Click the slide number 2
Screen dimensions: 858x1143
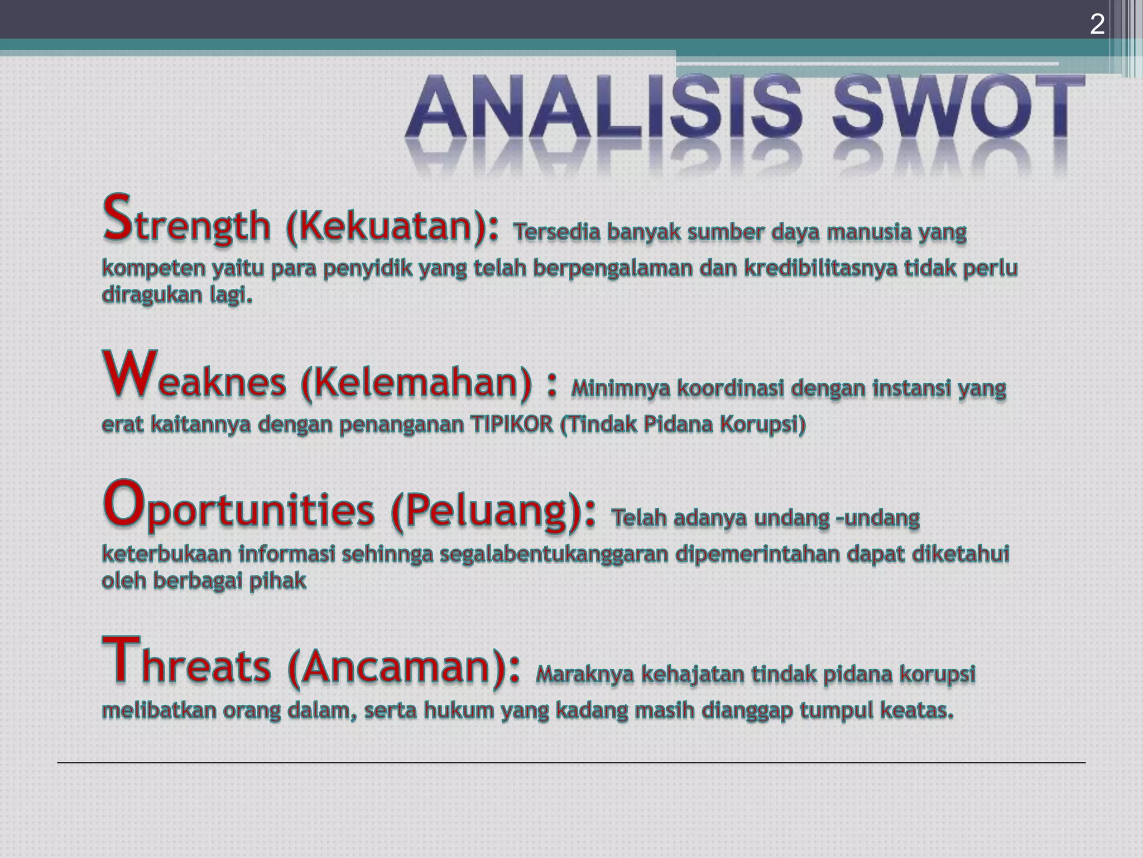click(1097, 25)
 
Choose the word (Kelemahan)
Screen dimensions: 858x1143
click(416, 383)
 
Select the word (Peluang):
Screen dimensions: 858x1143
click(493, 511)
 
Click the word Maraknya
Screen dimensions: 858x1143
click(584, 675)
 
